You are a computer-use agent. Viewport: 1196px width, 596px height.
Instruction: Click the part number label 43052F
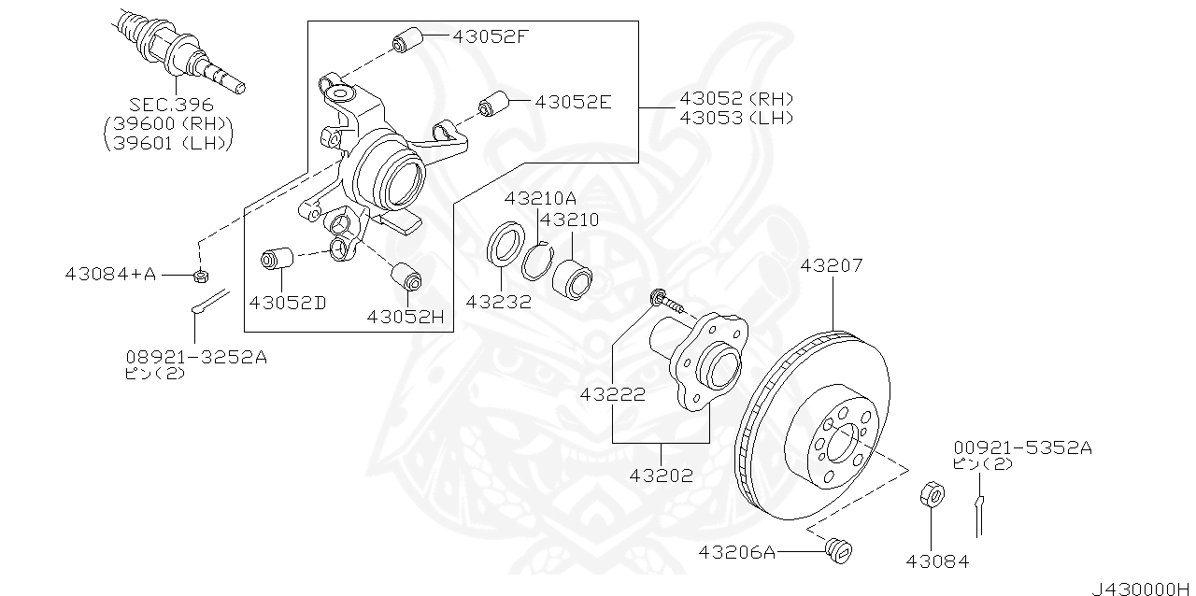point(491,37)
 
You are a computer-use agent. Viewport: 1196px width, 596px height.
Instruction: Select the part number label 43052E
point(573,101)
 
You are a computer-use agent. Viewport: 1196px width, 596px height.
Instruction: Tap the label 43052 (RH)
point(736,98)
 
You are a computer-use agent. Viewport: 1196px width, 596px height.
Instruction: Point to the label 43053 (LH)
point(736,118)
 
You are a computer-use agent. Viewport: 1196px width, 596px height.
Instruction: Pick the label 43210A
point(540,198)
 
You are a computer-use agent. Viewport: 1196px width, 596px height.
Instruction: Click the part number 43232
point(498,302)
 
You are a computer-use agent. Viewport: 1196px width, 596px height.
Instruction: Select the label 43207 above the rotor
point(832,266)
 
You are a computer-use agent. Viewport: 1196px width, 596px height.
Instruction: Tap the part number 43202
point(661,475)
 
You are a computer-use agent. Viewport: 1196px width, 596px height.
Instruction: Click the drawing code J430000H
point(1142,589)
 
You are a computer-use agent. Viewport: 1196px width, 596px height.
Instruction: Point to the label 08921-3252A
point(196,356)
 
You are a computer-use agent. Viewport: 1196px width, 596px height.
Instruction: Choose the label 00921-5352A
point(1022,447)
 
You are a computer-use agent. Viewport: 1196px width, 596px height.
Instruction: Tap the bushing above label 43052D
point(277,257)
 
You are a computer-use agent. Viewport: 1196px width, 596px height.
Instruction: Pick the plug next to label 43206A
point(836,550)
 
